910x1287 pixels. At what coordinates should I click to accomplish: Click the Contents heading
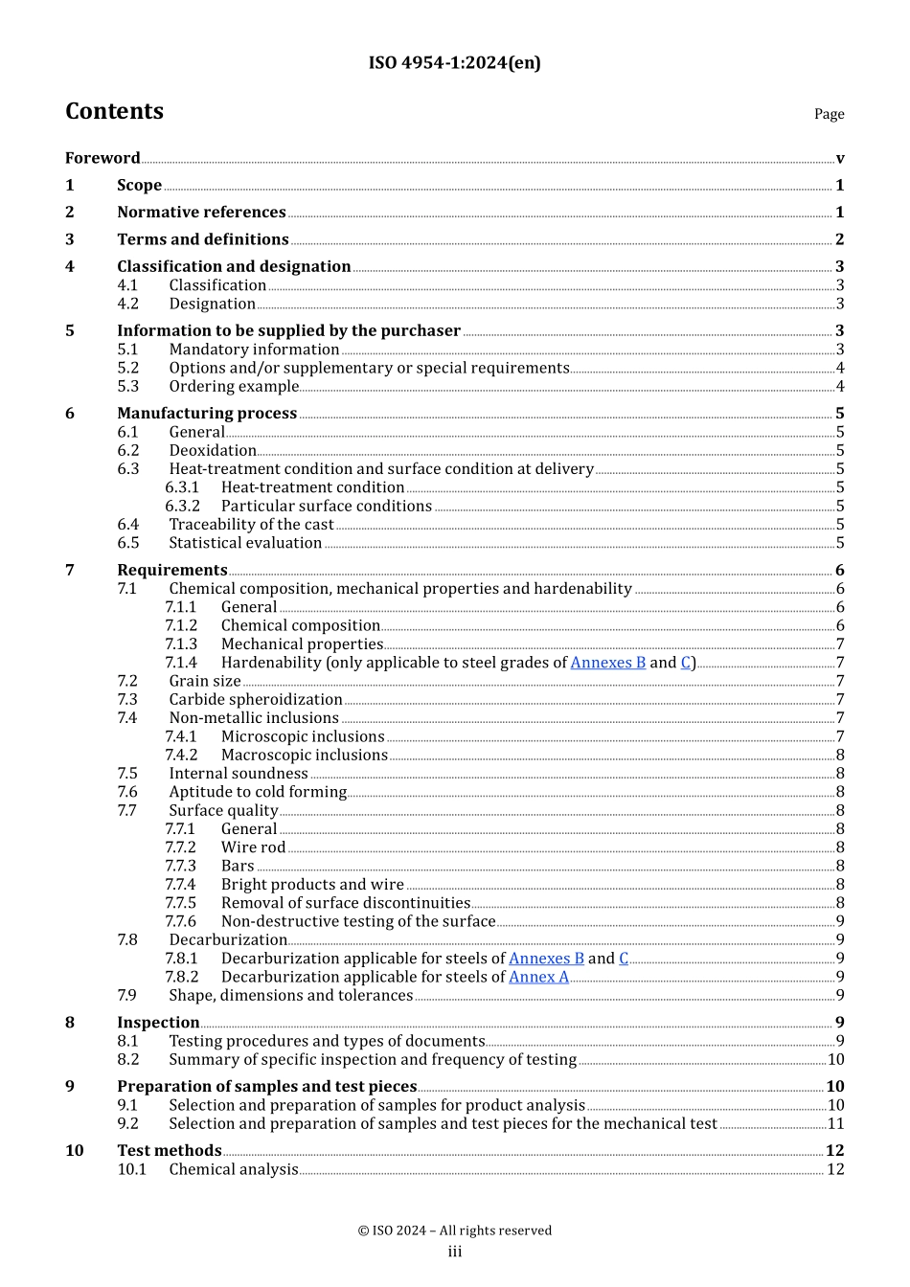tap(114, 111)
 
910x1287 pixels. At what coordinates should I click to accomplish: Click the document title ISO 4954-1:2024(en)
tap(454, 63)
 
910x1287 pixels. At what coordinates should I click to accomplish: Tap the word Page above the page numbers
tap(829, 114)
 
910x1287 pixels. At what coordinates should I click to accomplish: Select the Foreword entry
tap(102, 158)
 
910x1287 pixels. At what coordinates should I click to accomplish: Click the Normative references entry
tap(201, 212)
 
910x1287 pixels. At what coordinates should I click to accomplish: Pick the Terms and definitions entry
tap(202, 239)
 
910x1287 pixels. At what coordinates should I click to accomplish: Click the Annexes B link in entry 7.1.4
tap(608, 663)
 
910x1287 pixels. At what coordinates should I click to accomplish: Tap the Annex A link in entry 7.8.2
tap(538, 977)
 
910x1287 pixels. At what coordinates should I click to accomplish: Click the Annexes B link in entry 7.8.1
tap(546, 959)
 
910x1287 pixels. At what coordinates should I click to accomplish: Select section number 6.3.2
tap(182, 506)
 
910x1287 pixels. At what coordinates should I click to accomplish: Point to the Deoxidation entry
tap(213, 450)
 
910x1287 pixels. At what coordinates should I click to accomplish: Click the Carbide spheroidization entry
tap(255, 700)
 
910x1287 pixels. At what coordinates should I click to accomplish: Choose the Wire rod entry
tap(253, 847)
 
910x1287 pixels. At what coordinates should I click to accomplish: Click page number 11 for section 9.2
tap(835, 1123)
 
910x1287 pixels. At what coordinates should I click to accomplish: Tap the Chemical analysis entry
tap(234, 1169)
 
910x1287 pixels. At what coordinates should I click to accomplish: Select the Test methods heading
tap(169, 1150)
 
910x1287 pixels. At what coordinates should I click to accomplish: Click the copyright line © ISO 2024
tap(454, 1231)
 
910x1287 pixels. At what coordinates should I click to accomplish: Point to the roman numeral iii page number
tap(454, 1252)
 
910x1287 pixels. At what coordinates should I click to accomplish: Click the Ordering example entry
tap(234, 387)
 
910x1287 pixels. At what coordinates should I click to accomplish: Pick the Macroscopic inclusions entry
tap(304, 756)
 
